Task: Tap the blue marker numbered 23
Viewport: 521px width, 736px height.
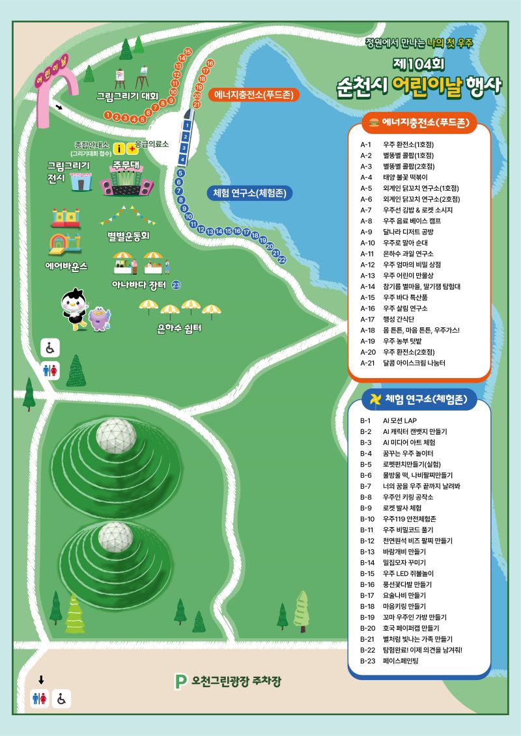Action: [x=176, y=286]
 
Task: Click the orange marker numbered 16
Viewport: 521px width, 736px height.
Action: [x=210, y=63]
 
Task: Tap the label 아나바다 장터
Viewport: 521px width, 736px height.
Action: [x=139, y=285]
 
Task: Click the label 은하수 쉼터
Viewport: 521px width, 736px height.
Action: [x=179, y=328]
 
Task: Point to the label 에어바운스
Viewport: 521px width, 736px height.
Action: [x=66, y=266]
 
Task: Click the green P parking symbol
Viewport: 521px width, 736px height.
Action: [x=181, y=681]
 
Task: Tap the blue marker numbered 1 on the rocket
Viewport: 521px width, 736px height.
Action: [x=187, y=125]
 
